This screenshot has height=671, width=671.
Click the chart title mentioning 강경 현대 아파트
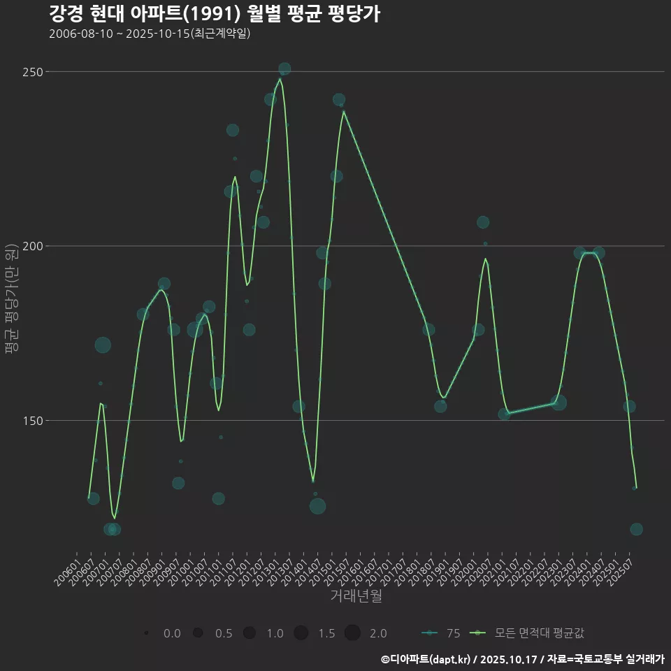pos(215,13)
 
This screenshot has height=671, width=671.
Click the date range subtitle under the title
pos(150,34)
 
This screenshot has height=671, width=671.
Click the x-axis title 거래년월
pos(356,596)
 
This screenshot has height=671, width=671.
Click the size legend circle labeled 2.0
pos(352,633)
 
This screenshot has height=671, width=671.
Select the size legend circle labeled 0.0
pos(146,633)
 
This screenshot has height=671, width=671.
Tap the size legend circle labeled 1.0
pos(249,633)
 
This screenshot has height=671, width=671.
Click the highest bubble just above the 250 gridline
pos(284,68)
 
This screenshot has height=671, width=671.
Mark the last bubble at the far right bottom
pos(636,529)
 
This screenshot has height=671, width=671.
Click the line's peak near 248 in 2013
pos(280,79)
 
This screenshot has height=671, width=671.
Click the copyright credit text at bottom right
pos(522,659)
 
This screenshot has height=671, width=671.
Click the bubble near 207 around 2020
pos(483,222)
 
